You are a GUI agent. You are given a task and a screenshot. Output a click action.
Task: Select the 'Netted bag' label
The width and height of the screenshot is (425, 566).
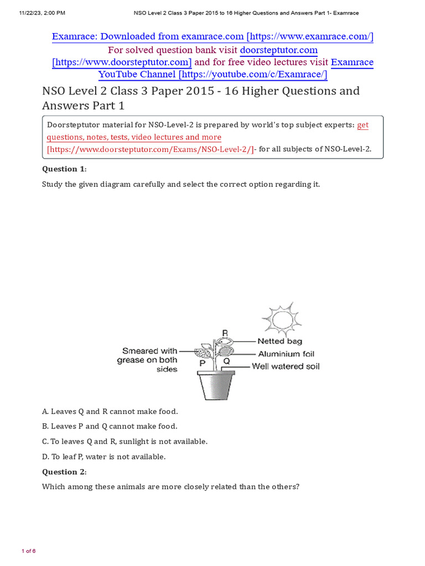(279, 342)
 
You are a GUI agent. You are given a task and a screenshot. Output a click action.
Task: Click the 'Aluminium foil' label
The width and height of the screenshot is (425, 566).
(286, 354)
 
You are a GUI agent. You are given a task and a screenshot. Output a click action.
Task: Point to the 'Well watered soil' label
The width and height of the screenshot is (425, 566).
(286, 366)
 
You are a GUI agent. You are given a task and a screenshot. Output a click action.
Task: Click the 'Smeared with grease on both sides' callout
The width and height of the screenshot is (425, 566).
(147, 360)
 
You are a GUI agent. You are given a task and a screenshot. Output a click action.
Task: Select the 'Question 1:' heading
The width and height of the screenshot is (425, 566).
(64, 169)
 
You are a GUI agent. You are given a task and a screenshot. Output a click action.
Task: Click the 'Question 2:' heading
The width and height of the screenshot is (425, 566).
(64, 471)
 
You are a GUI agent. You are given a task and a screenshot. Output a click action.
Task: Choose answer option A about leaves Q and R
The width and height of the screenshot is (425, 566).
(110, 411)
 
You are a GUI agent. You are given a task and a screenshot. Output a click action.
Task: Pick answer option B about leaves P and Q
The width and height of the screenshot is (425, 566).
(110, 426)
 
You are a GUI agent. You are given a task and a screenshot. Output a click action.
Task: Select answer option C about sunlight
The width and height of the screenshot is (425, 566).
(125, 441)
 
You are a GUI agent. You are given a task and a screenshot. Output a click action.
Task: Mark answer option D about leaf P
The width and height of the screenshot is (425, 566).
(104, 457)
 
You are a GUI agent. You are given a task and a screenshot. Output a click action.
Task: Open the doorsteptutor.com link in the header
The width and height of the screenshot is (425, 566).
(278, 50)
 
